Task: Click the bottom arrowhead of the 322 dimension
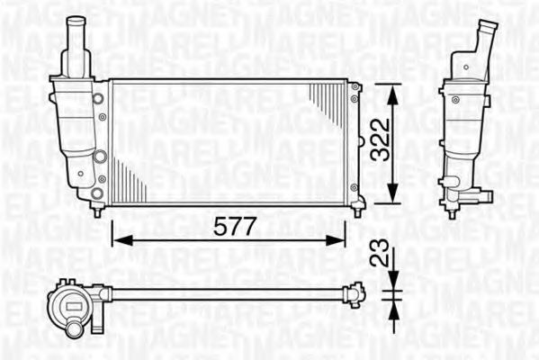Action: pyautogui.click(x=391, y=199)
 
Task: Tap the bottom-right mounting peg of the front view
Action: pyautogui.click(x=357, y=211)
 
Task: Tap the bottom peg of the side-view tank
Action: pyautogui.click(x=452, y=212)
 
